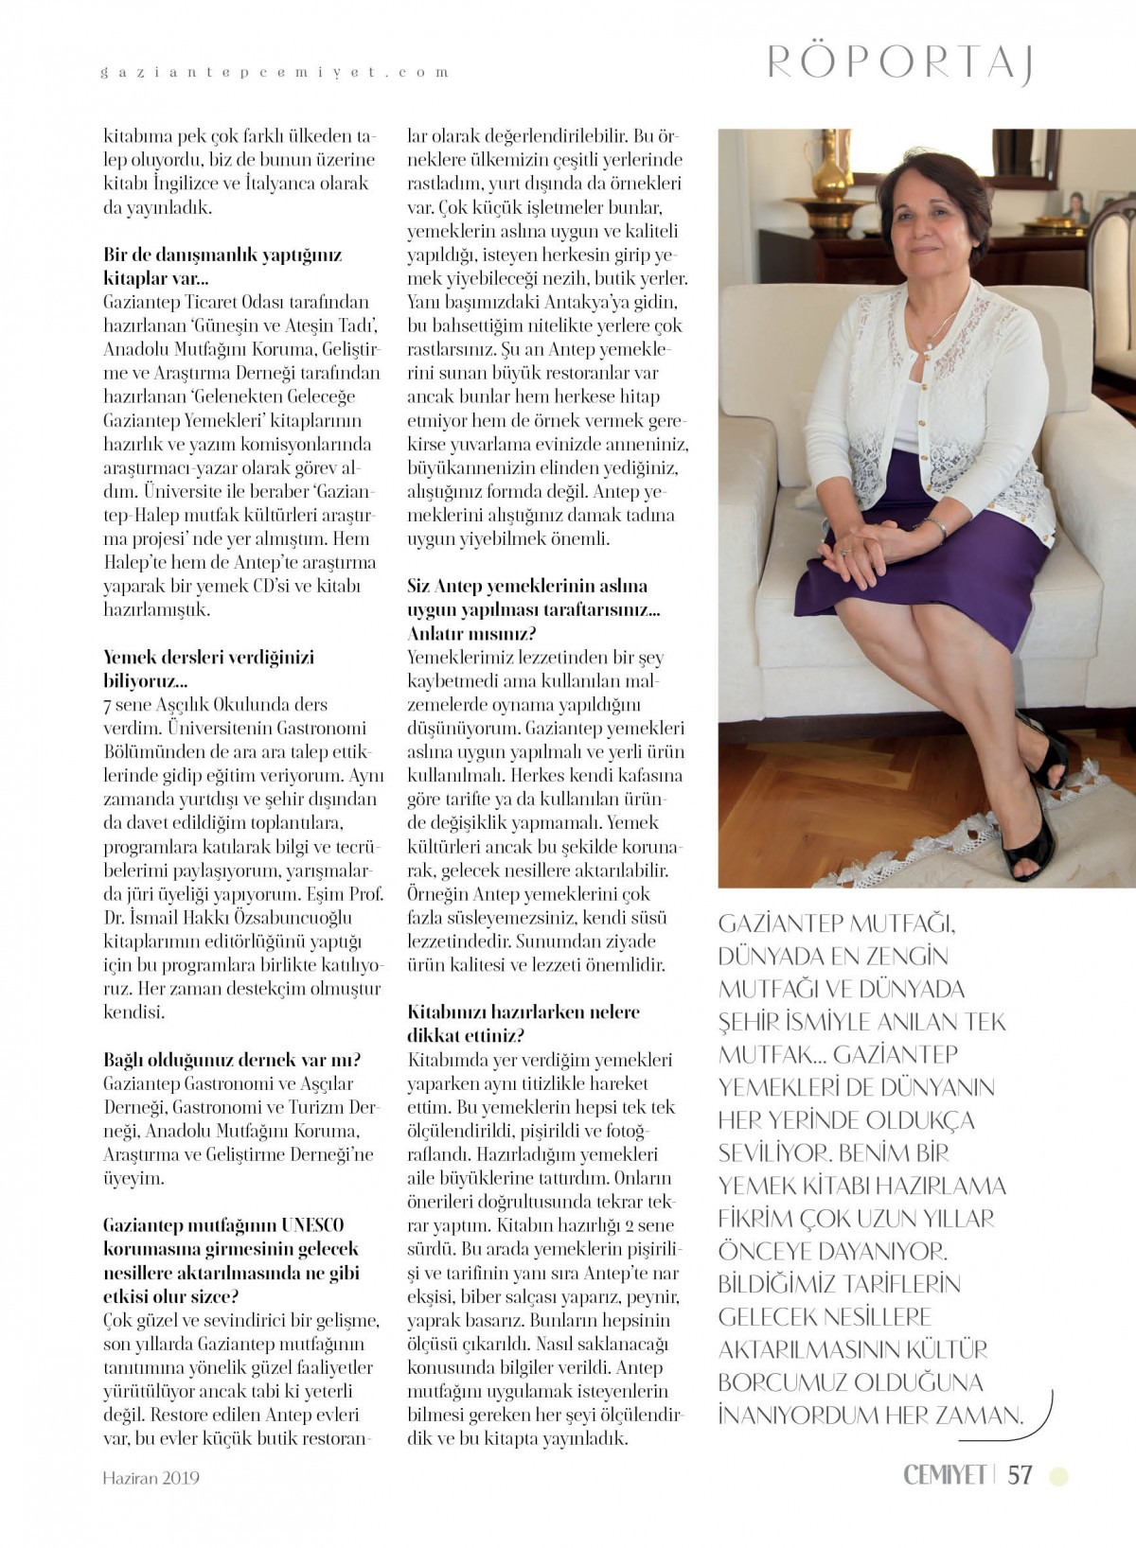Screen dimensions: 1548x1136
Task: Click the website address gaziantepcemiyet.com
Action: (275, 72)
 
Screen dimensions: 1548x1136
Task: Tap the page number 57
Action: (1020, 1474)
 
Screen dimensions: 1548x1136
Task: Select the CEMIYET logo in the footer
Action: (945, 1474)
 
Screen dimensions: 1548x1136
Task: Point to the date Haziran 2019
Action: (151, 1477)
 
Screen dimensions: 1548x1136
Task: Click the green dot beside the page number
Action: (1059, 1475)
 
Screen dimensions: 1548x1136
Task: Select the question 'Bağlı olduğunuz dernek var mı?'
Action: (232, 1060)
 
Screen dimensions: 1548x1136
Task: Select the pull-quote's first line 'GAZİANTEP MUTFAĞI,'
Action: (830, 924)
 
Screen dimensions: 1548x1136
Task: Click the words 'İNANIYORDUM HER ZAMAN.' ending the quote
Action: (871, 1416)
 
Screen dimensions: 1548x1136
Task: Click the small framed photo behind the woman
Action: (1078, 207)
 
